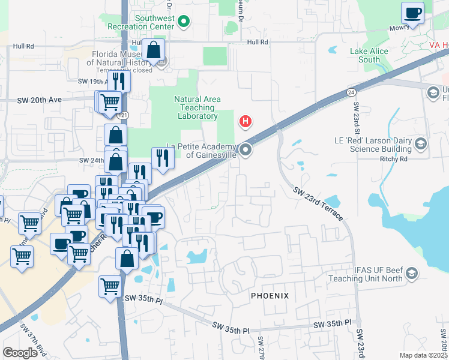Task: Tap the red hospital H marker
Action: click(245, 122)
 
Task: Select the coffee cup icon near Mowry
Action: click(413, 12)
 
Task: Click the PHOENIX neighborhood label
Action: click(270, 296)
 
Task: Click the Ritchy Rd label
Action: click(394, 159)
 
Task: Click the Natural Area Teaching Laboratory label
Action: click(197, 107)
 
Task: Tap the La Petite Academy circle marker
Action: click(246, 150)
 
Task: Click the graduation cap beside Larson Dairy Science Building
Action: click(421, 143)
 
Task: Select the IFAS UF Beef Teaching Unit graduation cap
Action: click(411, 275)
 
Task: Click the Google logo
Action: click(20, 353)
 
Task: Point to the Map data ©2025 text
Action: click(423, 355)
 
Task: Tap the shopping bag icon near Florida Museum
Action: click(154, 50)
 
